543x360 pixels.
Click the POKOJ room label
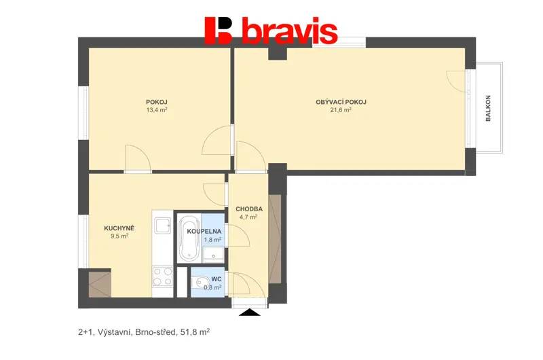[157, 102]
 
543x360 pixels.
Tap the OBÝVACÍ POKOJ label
[341, 102]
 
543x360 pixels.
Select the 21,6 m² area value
[341, 110]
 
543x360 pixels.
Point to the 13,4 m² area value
[157, 110]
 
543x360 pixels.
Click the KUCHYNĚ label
[119, 228]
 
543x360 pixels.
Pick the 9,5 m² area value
[119, 236]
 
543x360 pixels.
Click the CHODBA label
[249, 209]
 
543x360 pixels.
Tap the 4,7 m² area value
[248, 217]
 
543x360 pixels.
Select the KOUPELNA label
[204, 232]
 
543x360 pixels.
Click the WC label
[217, 279]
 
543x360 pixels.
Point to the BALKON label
[488, 108]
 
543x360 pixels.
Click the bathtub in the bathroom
[189, 238]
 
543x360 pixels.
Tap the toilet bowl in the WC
[199, 282]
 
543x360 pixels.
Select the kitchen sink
[162, 226]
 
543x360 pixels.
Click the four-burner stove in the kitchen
[162, 276]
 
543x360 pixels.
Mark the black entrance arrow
[250, 312]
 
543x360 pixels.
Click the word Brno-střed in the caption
[156, 332]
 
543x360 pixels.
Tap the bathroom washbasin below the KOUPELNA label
[213, 253]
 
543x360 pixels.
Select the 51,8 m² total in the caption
[195, 332]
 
